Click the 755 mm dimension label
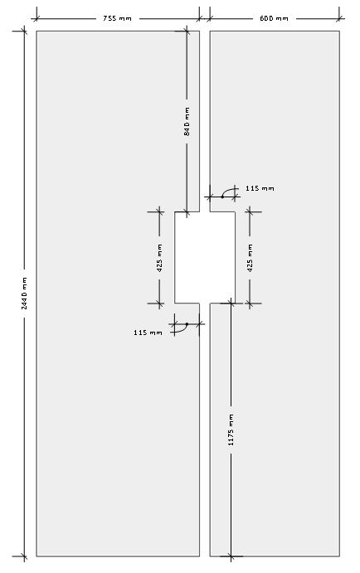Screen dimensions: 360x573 point(117,18)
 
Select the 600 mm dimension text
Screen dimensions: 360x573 point(274,18)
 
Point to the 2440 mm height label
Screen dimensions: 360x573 point(24,293)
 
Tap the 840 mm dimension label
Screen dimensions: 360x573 point(187,121)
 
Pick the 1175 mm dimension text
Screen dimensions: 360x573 point(231,430)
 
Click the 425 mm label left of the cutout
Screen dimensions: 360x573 point(159,258)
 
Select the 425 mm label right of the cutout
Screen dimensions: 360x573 point(250,258)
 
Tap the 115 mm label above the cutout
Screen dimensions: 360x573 point(260,188)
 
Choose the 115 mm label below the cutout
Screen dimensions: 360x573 point(148,333)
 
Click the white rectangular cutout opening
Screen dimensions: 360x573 point(205,257)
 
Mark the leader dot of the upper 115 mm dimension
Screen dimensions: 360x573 point(222,197)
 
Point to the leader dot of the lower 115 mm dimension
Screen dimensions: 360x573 point(187,323)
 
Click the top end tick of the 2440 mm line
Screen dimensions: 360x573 point(24,31)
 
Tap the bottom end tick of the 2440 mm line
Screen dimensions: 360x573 point(24,556)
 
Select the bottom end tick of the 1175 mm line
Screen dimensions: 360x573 point(231,556)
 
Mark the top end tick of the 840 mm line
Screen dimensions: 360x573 point(187,31)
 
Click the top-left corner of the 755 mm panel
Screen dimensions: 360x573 point(36,31)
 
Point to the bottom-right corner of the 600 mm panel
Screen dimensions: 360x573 point(339,556)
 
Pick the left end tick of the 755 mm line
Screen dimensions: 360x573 point(36,18)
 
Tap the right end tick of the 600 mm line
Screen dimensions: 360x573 point(339,18)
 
